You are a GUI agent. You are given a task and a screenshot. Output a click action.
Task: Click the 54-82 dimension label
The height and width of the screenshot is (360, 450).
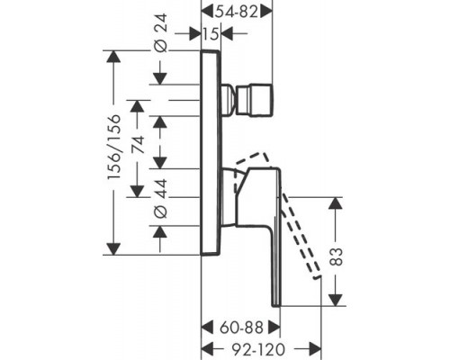[x=237, y=13]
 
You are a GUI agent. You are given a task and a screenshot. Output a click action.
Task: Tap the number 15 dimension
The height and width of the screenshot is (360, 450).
[x=211, y=34]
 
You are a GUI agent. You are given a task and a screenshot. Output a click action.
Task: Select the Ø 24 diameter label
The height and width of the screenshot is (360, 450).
[x=161, y=32]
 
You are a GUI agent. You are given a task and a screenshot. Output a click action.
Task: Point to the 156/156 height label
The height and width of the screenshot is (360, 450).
[x=113, y=147]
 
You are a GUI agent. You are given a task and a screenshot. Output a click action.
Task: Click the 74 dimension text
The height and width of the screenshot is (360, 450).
[x=139, y=145]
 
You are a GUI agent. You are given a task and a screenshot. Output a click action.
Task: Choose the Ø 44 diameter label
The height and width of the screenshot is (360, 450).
[x=161, y=198]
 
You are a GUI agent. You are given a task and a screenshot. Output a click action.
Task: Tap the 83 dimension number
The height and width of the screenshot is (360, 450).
[x=336, y=256]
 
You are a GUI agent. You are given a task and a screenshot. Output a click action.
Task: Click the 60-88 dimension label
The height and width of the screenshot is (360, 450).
[x=241, y=328]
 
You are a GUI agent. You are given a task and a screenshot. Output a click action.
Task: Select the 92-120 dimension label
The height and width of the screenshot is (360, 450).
[x=258, y=349]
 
